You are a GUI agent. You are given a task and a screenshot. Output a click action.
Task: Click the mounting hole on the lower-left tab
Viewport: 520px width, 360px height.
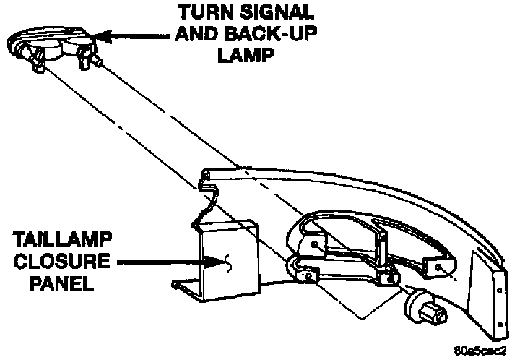coord(310,275)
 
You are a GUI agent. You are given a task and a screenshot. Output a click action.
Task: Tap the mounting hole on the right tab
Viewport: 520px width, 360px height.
coord(435,267)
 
